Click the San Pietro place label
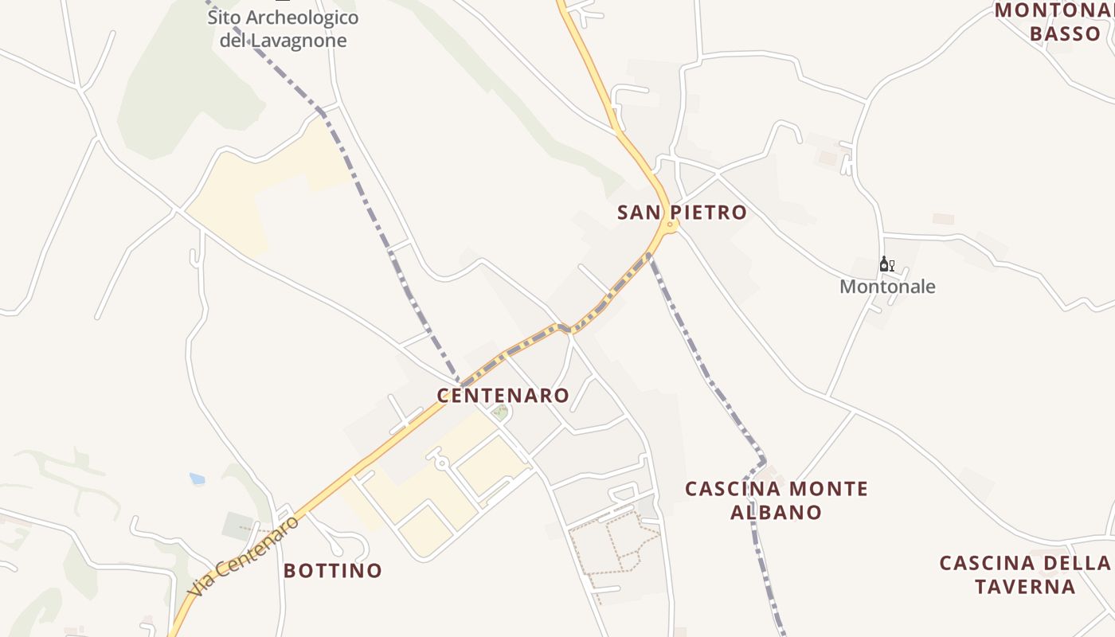682,213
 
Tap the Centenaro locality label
503,396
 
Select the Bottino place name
333,571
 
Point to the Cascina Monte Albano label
776,500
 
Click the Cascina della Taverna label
1026,575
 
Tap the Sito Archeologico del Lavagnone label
283,29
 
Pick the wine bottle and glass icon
886,264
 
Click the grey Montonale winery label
887,287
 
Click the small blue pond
197,479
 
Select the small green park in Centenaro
500,412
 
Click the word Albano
776,512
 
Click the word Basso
1065,34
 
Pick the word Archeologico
302,18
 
